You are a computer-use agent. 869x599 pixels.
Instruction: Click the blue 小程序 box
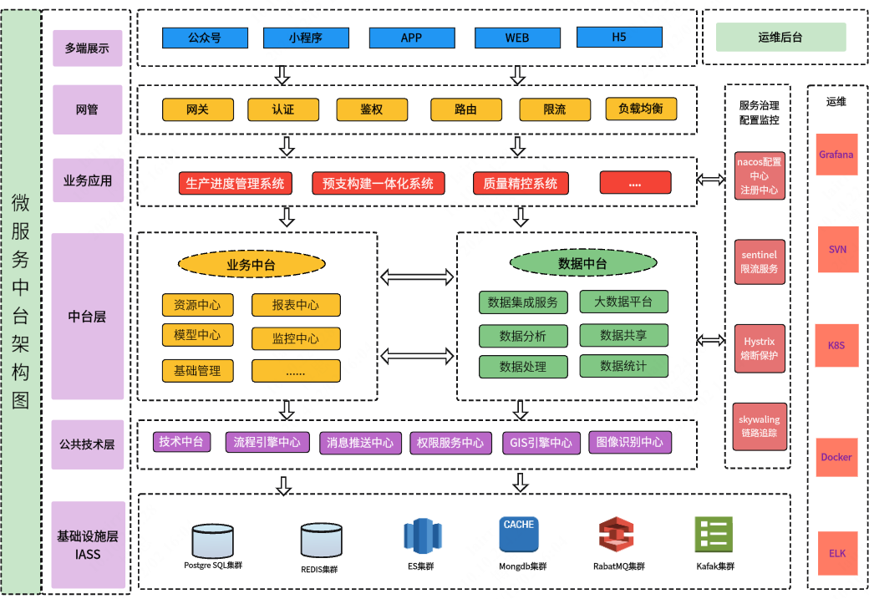(305, 38)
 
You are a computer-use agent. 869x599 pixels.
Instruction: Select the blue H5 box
(618, 37)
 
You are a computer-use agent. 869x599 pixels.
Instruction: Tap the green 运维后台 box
(780, 37)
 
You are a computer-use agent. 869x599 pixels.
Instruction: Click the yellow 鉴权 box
(371, 109)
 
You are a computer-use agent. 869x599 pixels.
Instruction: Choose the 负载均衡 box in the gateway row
(641, 109)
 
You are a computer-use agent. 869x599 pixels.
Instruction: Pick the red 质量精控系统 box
(520, 183)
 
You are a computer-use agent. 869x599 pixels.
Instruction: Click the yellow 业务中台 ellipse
(252, 265)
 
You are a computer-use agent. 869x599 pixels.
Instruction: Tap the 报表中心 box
(296, 305)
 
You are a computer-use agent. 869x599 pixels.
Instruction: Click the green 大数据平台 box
(623, 302)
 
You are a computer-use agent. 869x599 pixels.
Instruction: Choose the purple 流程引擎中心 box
(267, 442)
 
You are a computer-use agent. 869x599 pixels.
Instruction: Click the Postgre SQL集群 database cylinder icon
(212, 541)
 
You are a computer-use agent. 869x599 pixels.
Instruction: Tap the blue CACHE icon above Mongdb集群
(519, 535)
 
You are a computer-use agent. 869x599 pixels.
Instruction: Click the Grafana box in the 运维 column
(836, 155)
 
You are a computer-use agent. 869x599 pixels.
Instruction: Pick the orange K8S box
(837, 344)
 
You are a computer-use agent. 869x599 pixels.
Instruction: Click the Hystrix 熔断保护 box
(760, 348)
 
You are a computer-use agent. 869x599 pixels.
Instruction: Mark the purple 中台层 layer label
(88, 317)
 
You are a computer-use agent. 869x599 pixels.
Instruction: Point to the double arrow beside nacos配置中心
(711, 180)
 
